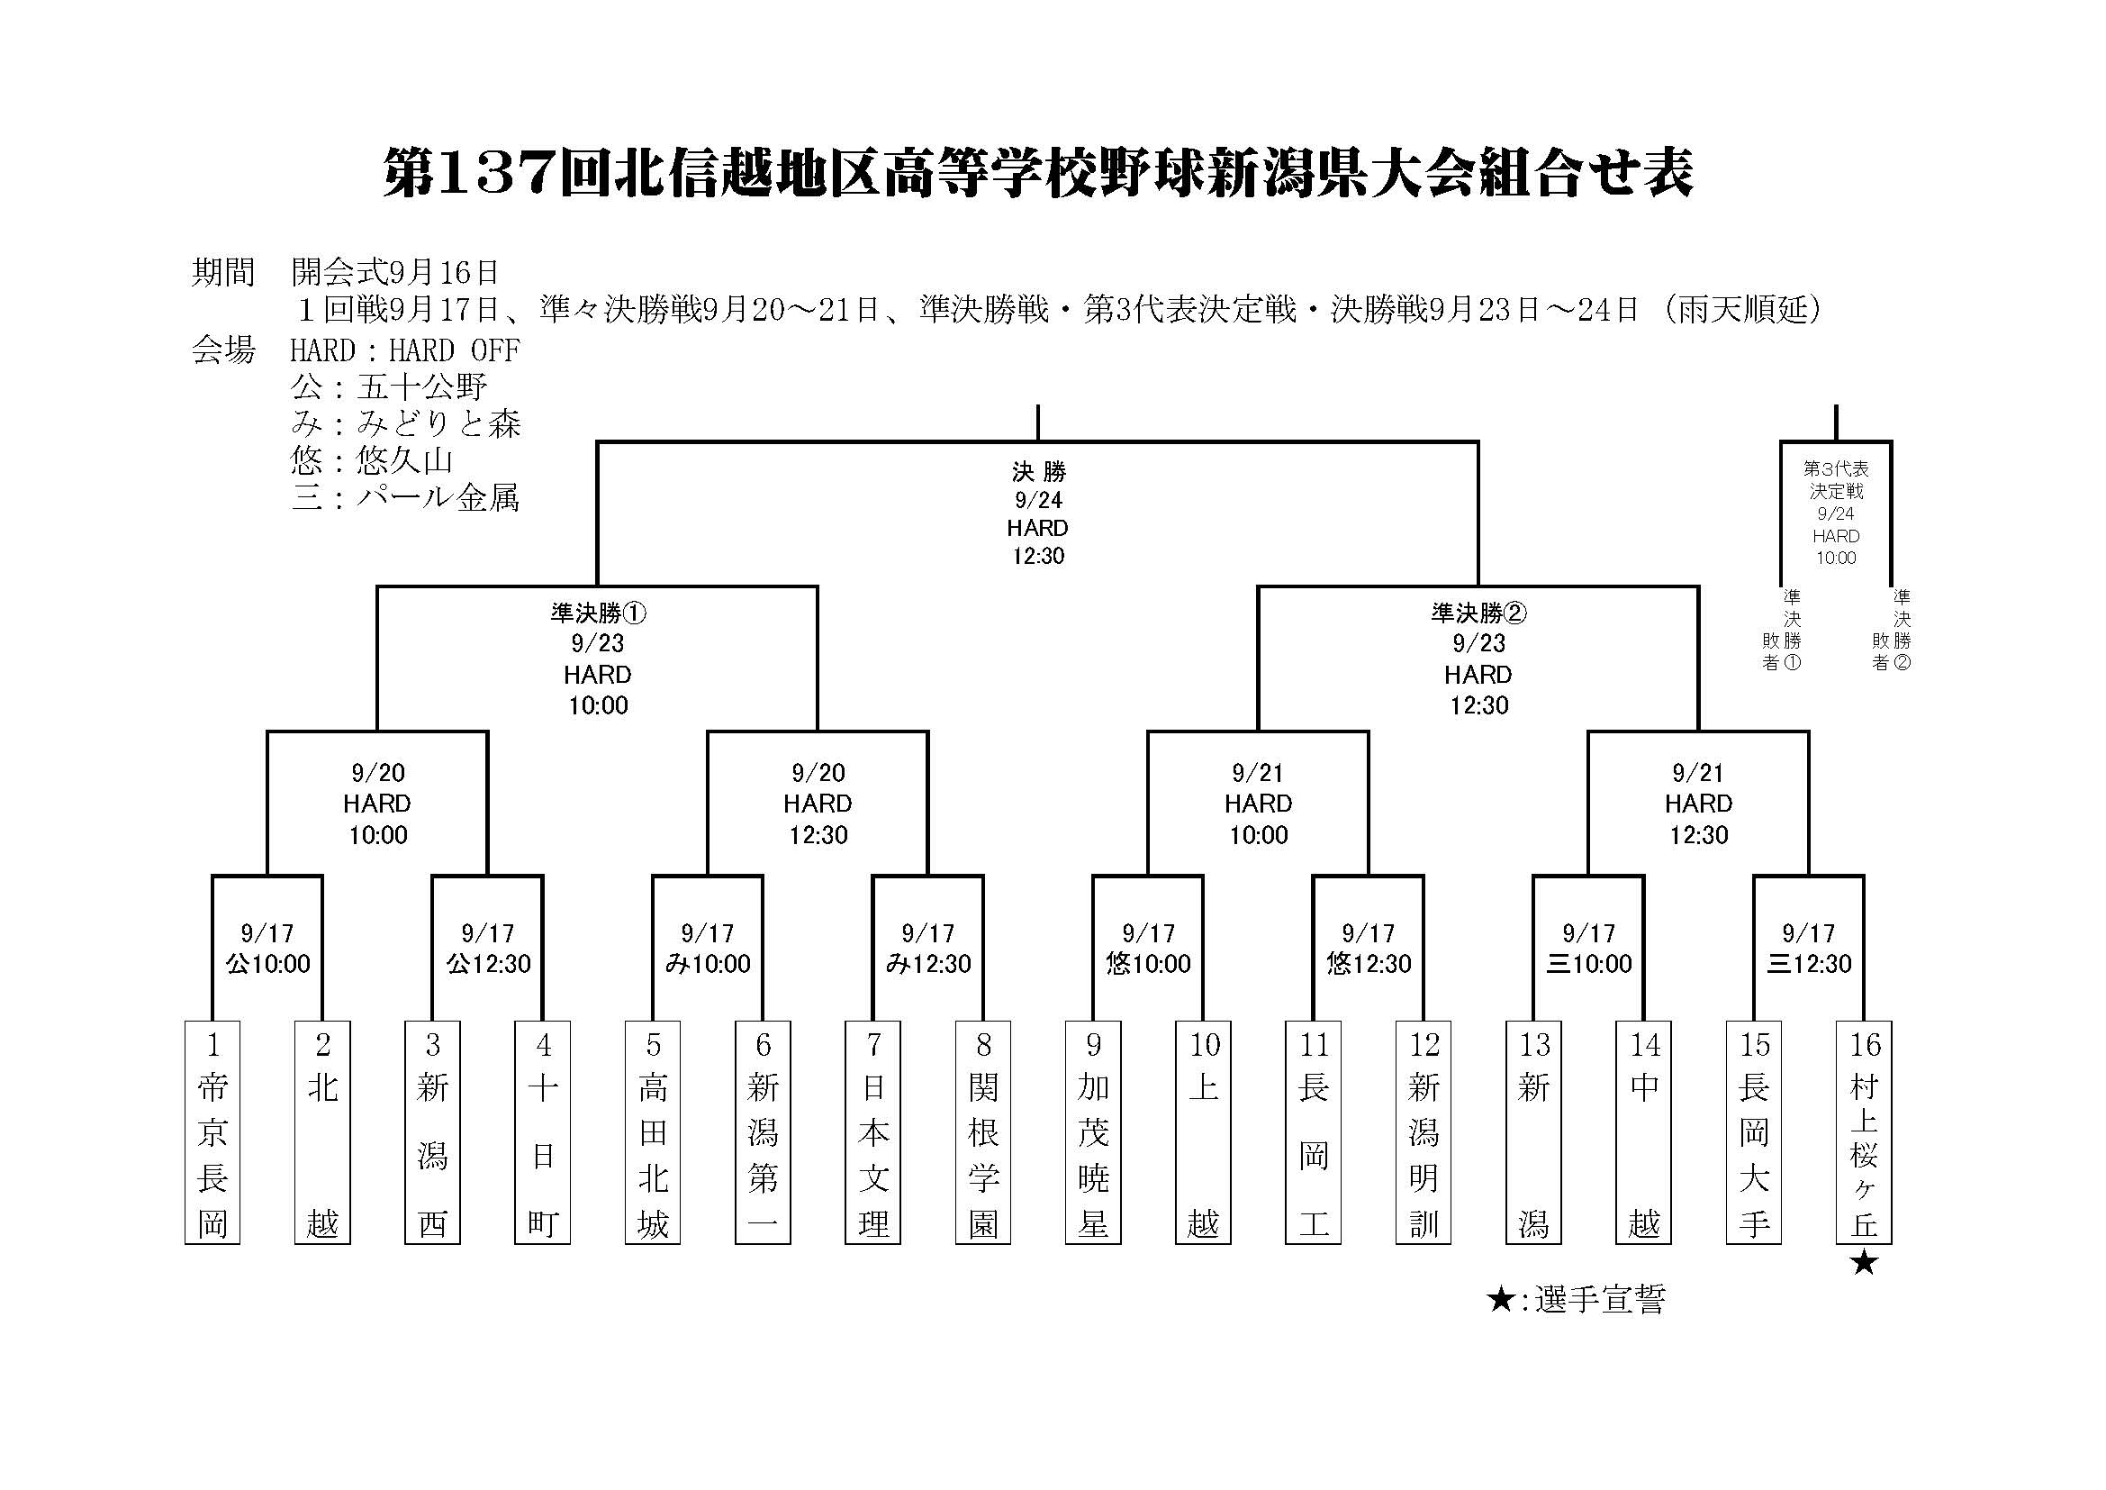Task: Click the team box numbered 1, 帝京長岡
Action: pyautogui.click(x=212, y=1132)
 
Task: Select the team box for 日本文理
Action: pyautogui.click(x=872, y=1132)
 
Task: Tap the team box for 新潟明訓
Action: pyautogui.click(x=1423, y=1132)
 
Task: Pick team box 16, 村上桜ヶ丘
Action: pyautogui.click(x=1863, y=1132)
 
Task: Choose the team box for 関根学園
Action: pyautogui.click(x=982, y=1132)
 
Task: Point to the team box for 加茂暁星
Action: pyautogui.click(x=1092, y=1132)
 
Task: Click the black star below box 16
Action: pyautogui.click(x=1863, y=1264)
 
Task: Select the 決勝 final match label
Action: pyautogui.click(x=1038, y=471)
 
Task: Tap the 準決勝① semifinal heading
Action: pyautogui.click(x=597, y=612)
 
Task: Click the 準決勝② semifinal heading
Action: pyautogui.click(x=1478, y=612)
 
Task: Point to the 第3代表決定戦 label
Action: pyautogui.click(x=1835, y=480)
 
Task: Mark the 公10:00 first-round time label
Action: pyautogui.click(x=267, y=963)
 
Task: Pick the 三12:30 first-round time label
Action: pyautogui.click(x=1809, y=963)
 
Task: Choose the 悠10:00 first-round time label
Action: pyautogui.click(x=1148, y=963)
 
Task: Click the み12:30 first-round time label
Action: pyautogui.click(x=928, y=963)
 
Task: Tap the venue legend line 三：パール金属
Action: pyautogui.click(x=405, y=497)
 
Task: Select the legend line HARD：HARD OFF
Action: pyautogui.click(x=404, y=350)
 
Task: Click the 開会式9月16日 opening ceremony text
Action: pyautogui.click(x=395, y=272)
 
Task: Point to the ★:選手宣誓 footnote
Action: pyautogui.click(x=1576, y=1299)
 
